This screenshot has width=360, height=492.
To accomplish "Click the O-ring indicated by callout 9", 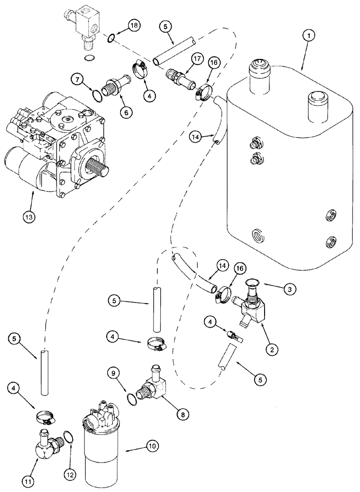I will pos(130,398).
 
